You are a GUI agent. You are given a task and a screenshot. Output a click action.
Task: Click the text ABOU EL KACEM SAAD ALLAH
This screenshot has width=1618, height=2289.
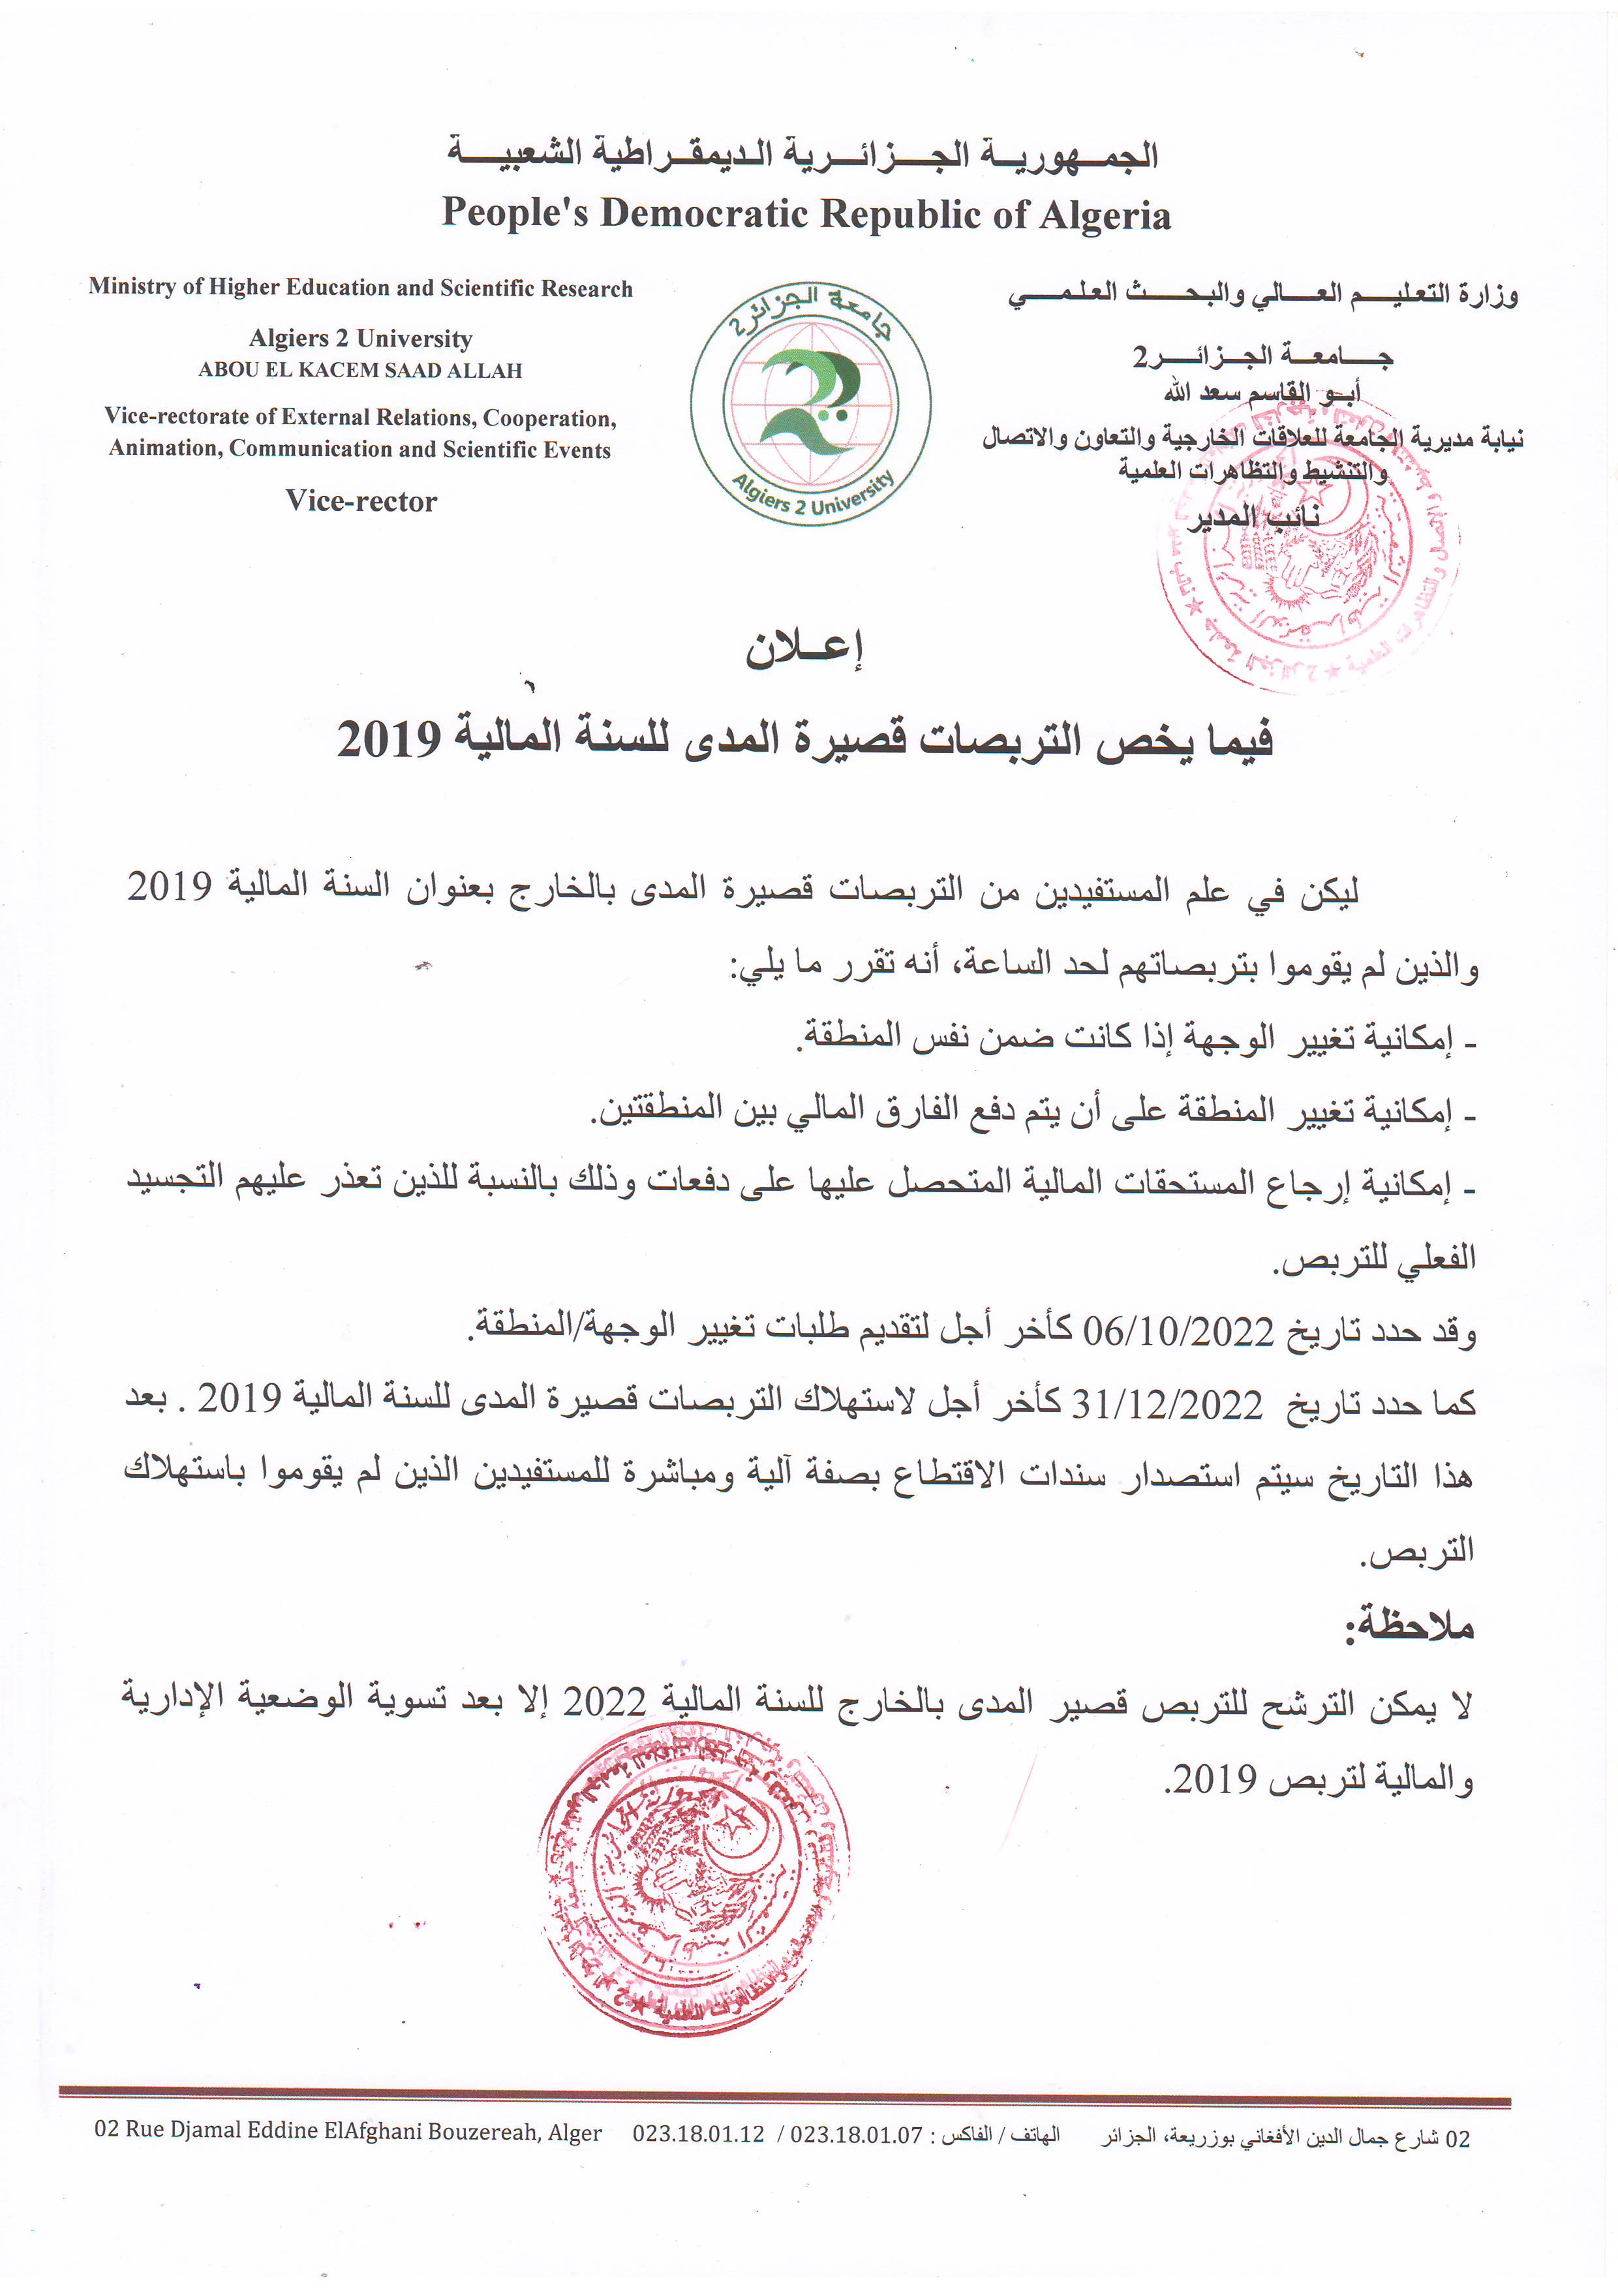360,370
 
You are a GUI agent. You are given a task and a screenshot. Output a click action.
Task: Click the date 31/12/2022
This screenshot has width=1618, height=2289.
1167,1406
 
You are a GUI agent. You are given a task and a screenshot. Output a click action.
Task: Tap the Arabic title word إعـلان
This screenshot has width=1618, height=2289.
804,649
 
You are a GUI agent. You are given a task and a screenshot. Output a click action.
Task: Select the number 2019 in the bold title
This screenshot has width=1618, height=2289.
389,740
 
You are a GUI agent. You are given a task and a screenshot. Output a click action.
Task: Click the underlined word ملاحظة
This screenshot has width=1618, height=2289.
1409,1626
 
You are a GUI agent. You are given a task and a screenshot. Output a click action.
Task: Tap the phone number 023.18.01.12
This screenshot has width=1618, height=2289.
698,2134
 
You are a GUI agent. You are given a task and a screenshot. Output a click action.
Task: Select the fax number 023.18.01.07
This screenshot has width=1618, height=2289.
857,2134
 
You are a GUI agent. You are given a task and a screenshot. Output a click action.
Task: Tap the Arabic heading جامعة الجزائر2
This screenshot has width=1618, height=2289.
1261,356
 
